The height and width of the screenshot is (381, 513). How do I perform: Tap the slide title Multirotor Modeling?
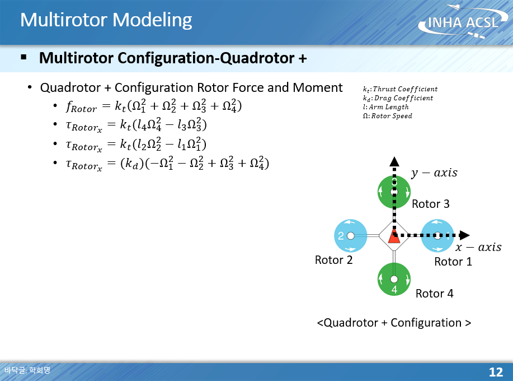tap(106, 20)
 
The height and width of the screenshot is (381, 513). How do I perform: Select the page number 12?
tap(496, 372)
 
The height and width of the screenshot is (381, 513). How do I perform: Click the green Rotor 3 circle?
tap(394, 192)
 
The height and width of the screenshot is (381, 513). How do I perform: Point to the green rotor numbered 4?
tap(394, 279)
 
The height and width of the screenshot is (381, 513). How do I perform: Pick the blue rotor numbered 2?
tap(350, 236)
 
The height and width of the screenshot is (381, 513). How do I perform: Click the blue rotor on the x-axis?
tap(437, 236)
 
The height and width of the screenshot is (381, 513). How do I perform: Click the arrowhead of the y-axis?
tap(394, 162)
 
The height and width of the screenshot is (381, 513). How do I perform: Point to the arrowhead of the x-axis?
tap(464, 236)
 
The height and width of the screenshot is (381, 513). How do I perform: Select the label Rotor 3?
tap(431, 205)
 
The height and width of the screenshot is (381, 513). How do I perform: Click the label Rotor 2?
tap(334, 260)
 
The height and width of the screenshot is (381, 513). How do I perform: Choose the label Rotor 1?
tap(454, 262)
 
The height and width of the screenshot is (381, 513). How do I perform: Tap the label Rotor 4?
tap(435, 294)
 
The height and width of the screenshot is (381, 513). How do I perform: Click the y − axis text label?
tap(434, 173)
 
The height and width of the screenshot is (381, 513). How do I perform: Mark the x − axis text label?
tap(478, 248)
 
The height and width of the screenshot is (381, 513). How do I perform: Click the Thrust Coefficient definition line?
tap(400, 89)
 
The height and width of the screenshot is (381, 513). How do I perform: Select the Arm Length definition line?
tap(386, 107)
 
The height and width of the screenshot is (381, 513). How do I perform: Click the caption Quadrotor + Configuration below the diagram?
tap(394, 323)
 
